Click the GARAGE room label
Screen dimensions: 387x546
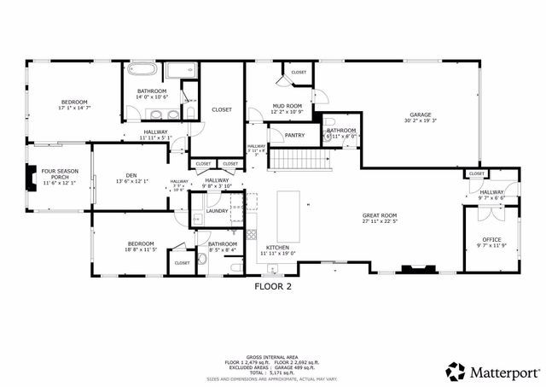[420, 114]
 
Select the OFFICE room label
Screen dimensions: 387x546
[491, 239]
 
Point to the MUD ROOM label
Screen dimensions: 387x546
[287, 106]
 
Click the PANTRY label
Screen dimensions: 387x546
[294, 135]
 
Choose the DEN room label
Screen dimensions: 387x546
[131, 174]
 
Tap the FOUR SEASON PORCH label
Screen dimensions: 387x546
[60, 173]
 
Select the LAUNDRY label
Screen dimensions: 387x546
[217, 210]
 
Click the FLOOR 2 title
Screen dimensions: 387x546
[273, 287]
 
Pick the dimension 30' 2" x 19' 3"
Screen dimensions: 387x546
[420, 121]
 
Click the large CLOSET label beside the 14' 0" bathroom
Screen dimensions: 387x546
[222, 109]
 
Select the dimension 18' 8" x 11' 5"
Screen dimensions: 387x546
[142, 249]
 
